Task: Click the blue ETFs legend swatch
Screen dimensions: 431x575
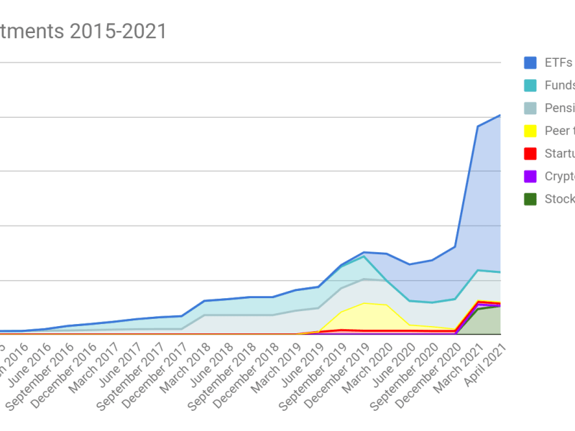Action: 530,62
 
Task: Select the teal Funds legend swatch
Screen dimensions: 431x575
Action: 530,85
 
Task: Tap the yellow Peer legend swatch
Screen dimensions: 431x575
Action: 530,131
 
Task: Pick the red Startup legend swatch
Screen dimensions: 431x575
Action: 530,154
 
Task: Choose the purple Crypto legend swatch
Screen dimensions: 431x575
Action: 530,177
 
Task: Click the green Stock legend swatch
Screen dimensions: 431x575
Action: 530,199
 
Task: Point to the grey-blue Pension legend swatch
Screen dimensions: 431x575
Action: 530,108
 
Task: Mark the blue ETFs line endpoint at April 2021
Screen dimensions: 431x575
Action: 500,115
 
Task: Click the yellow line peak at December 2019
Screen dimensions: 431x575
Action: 364,302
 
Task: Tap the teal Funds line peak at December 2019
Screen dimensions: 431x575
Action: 364,256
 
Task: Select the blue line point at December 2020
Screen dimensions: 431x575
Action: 455,246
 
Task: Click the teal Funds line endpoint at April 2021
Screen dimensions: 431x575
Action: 500,272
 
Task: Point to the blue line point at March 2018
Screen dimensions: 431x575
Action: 205,301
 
